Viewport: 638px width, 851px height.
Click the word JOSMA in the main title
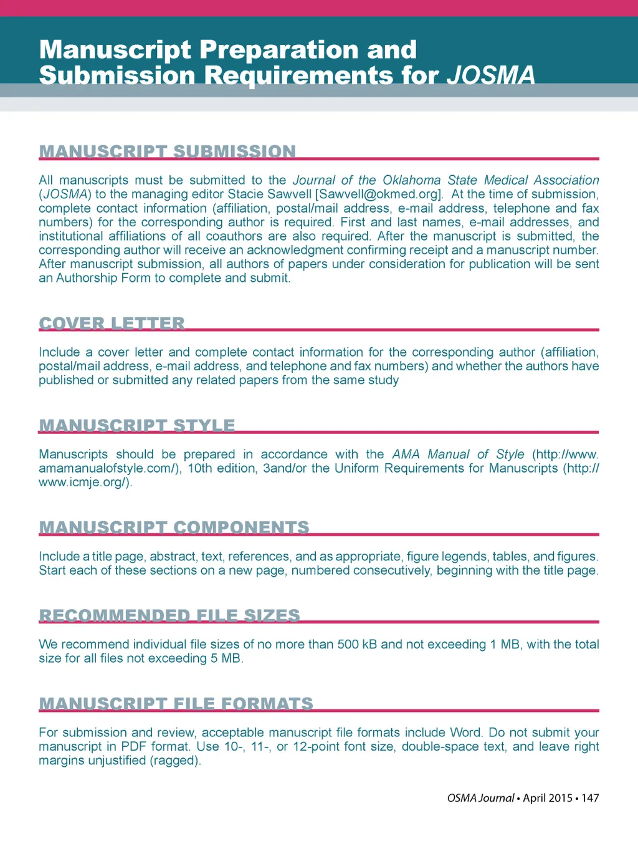tap(491, 75)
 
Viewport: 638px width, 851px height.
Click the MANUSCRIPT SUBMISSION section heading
tap(167, 151)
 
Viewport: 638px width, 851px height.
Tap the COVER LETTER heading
tap(112, 323)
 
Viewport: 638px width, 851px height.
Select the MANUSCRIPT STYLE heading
tap(136, 425)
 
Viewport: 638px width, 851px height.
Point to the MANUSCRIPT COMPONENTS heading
tap(174, 527)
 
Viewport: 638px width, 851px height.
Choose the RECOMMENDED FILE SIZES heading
tap(169, 615)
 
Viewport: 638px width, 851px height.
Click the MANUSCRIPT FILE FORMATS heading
tap(176, 704)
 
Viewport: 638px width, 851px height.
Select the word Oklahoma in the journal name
tap(411, 180)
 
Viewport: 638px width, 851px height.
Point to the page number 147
tap(590, 798)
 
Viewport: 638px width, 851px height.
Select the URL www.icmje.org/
tap(83, 483)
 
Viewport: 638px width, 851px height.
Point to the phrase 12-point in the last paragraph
tap(318, 747)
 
